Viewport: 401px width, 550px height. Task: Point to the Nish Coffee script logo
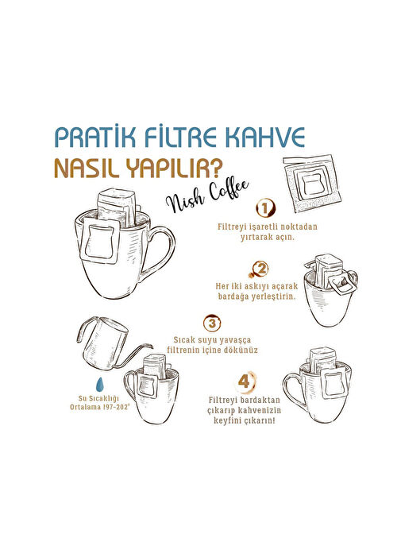(x=207, y=196)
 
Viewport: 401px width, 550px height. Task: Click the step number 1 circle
(x=265, y=209)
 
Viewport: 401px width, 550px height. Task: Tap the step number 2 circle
(x=260, y=269)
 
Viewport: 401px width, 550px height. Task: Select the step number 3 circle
(x=212, y=323)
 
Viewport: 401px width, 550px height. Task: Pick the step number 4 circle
(x=245, y=382)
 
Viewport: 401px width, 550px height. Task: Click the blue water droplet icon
(x=100, y=385)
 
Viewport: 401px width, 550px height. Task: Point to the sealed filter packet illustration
(x=312, y=183)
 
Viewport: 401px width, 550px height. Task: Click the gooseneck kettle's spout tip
(x=152, y=347)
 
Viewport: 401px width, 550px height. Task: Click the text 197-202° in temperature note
(x=116, y=407)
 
